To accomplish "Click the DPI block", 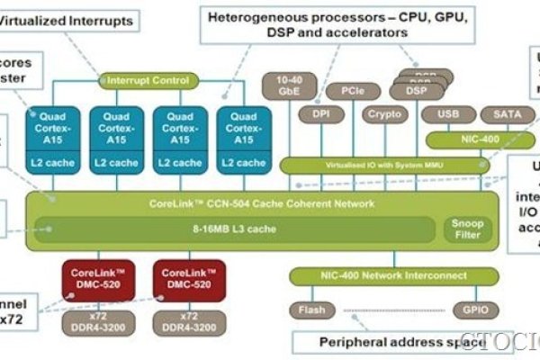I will [x=322, y=114].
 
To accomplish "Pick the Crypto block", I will [x=383, y=114].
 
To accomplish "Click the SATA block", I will [x=501, y=114].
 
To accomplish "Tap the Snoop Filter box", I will [x=464, y=229].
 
